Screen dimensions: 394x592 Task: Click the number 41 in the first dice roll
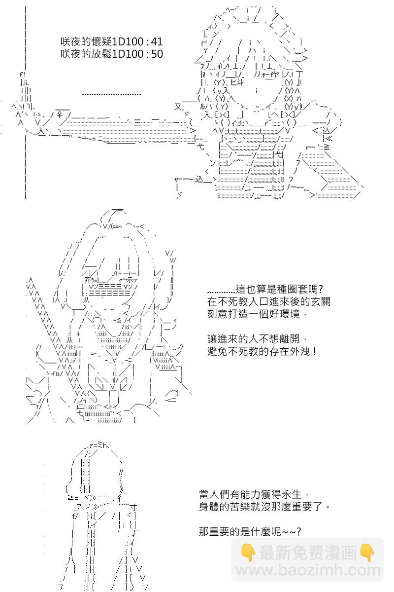(x=157, y=42)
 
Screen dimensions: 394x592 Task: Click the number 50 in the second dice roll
(x=157, y=54)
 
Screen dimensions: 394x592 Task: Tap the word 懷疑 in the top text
(x=101, y=42)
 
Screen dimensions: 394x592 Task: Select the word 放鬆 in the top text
(x=101, y=54)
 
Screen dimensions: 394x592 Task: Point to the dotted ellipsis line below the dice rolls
(x=111, y=94)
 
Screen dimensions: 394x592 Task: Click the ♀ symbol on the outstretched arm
(x=60, y=114)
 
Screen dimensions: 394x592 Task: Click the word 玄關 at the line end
(x=320, y=301)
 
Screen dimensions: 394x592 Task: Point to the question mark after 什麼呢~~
(x=298, y=531)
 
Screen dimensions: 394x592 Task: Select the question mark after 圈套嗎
(x=321, y=289)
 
